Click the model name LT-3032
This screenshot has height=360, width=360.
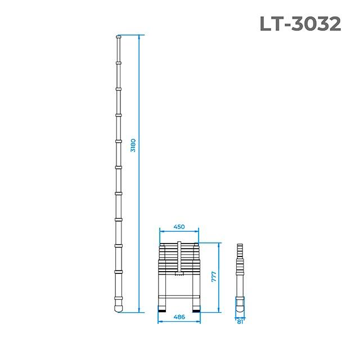click(300, 23)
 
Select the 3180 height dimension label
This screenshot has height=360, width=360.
click(133, 145)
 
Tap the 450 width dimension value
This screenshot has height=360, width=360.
click(179, 227)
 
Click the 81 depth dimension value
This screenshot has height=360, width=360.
click(240, 322)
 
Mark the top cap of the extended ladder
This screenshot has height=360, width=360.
click(118, 37)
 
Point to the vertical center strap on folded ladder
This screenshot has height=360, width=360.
click(179, 259)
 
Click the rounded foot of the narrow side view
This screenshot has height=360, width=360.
click(240, 307)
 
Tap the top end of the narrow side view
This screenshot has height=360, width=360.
click(240, 245)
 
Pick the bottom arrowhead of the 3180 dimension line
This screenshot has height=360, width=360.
click(138, 311)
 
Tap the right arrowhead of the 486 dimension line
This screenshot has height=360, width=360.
click(200, 322)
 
